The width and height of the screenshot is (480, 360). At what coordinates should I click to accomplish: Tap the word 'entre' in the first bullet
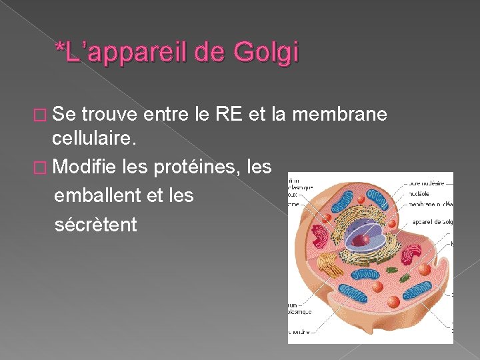[x=166, y=115]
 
